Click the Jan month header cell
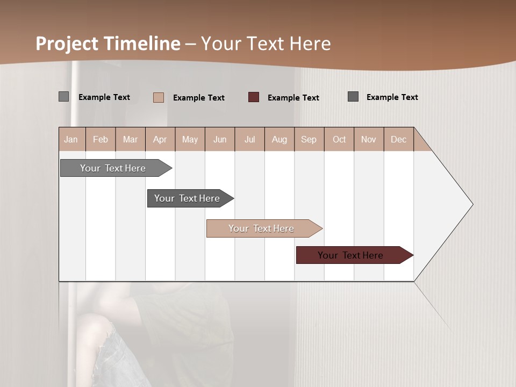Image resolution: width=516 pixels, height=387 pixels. [71, 139]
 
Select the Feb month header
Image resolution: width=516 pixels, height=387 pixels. [101, 139]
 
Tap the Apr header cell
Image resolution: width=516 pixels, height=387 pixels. [160, 139]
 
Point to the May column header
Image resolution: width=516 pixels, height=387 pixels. [190, 139]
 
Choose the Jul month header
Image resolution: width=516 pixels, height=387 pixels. [249, 139]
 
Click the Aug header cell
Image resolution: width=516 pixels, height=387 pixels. [279, 139]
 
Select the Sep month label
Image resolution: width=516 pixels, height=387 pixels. [309, 139]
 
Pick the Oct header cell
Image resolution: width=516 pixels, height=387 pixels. [339, 139]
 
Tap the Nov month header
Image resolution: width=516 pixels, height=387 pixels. [369, 139]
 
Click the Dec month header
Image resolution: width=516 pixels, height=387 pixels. [399, 139]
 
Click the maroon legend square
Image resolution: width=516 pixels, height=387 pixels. [254, 97]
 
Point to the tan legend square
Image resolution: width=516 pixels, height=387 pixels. [159, 97]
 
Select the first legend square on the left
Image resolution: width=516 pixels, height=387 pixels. [64, 97]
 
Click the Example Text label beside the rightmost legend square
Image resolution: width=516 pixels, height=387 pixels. [392, 97]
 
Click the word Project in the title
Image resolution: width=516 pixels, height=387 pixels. [66, 44]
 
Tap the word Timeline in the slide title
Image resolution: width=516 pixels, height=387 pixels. [141, 44]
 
